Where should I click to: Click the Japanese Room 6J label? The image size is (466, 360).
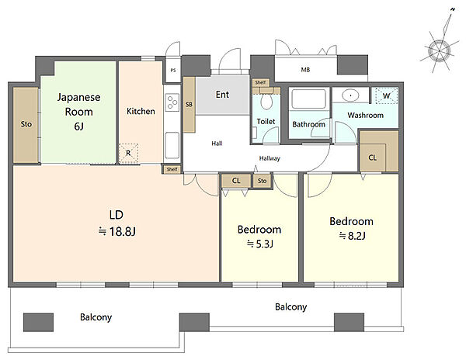(78, 112)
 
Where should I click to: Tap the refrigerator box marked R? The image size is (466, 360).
(128, 154)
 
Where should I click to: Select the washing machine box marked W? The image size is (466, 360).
(386, 95)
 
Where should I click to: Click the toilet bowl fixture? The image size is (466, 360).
(266, 101)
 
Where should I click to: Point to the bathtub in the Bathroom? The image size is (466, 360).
(309, 99)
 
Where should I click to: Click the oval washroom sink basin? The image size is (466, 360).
(351, 95)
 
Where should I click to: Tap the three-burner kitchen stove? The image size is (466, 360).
(172, 102)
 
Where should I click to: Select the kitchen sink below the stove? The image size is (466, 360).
(172, 145)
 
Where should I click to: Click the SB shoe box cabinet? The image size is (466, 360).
(189, 105)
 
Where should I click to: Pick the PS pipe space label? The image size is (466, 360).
(173, 71)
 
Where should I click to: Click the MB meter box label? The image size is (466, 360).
(305, 70)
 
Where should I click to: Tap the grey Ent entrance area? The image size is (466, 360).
(222, 95)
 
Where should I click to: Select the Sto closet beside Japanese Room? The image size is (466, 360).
(26, 125)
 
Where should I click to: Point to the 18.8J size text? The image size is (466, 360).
(123, 231)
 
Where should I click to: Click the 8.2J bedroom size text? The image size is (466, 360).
(356, 236)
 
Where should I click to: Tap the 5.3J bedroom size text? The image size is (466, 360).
(264, 244)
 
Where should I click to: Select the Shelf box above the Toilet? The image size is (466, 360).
(261, 82)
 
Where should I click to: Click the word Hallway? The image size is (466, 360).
(270, 158)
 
